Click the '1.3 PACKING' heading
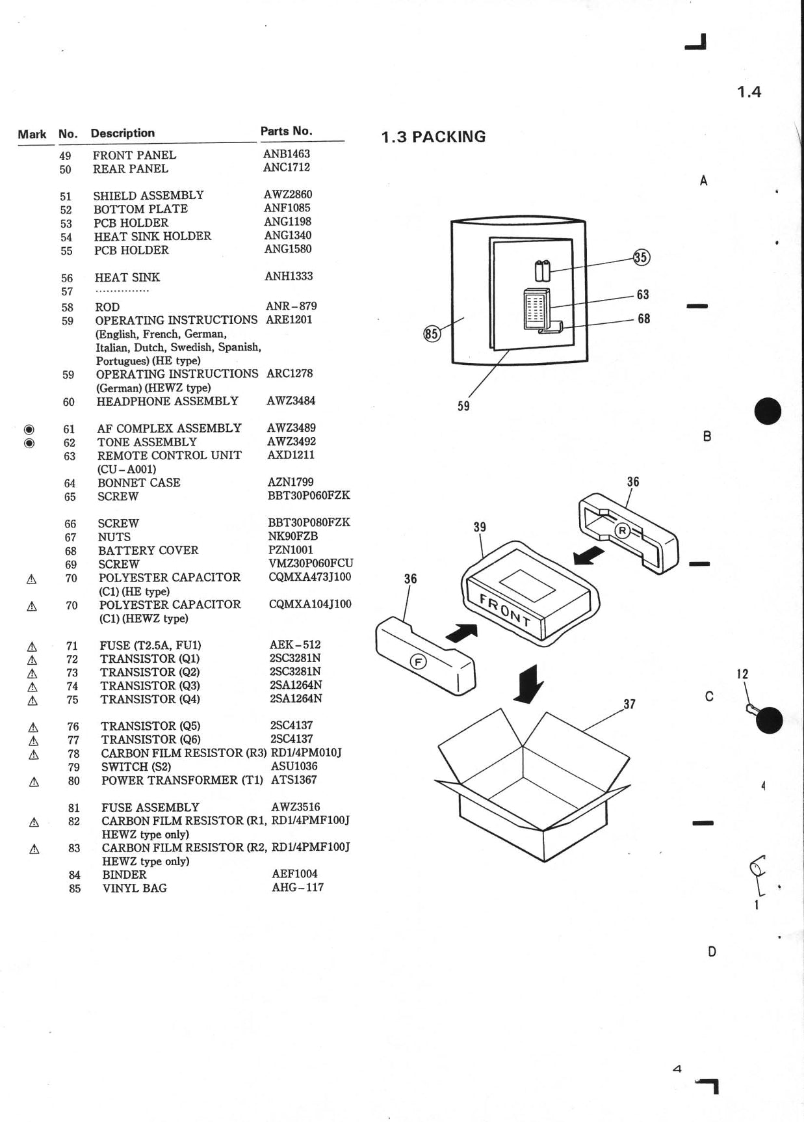(x=433, y=137)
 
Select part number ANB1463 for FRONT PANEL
(x=286, y=154)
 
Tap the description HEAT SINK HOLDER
(x=152, y=236)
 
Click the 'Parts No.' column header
(x=286, y=131)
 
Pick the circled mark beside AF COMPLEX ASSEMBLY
(x=29, y=429)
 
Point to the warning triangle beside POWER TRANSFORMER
(x=34, y=782)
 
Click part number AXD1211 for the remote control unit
(x=291, y=455)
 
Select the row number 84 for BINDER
(x=75, y=875)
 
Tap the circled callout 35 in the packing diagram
(x=641, y=257)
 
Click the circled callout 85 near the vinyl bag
(x=432, y=334)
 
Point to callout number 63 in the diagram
(x=643, y=295)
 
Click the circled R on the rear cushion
(x=622, y=531)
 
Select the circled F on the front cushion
(x=418, y=662)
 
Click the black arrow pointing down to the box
(x=529, y=684)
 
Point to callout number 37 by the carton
(x=629, y=704)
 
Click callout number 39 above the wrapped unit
(x=480, y=527)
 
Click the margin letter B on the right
(x=707, y=436)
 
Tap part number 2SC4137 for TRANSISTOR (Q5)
(x=291, y=725)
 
